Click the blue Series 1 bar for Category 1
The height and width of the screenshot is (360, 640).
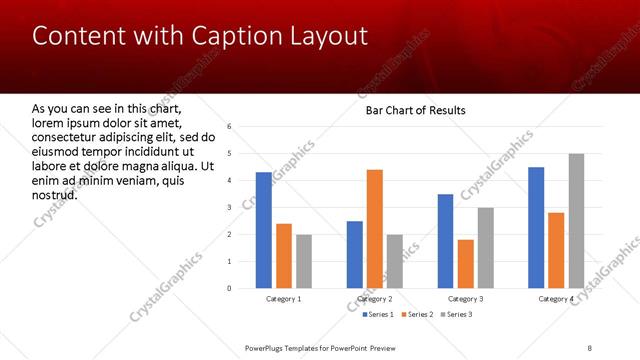click(x=263, y=230)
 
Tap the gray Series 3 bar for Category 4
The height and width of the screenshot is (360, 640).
click(x=576, y=221)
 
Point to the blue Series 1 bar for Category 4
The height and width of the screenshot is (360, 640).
click(x=536, y=228)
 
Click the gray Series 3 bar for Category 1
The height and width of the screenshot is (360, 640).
click(x=303, y=261)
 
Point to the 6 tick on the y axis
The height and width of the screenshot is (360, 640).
click(x=230, y=127)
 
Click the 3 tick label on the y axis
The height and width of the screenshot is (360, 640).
click(x=230, y=208)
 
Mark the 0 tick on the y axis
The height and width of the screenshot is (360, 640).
click(x=230, y=289)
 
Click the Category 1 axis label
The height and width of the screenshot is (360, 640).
click(x=284, y=299)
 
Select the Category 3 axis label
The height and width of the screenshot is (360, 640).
click(x=465, y=299)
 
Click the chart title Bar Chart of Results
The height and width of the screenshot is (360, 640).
click(x=415, y=110)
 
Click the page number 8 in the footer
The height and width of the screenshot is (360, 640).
click(x=590, y=347)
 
